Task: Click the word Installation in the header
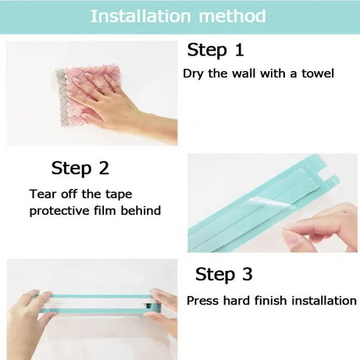click(x=139, y=16)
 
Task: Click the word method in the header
click(x=231, y=16)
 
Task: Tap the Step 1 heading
click(x=216, y=51)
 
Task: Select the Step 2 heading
click(x=80, y=168)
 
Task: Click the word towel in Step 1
click(x=317, y=74)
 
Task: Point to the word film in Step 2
click(x=108, y=210)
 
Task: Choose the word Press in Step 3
click(x=202, y=301)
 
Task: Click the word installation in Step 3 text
click(x=324, y=301)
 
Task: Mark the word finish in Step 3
click(x=270, y=301)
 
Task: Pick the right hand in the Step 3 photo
click(x=164, y=308)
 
